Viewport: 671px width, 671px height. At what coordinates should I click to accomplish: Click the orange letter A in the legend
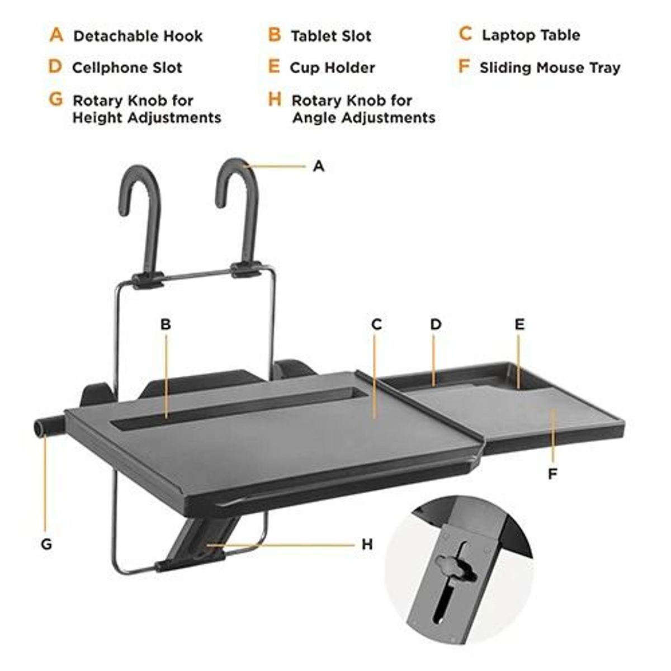[x=56, y=35]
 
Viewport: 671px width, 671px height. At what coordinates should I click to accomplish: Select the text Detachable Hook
[x=138, y=37]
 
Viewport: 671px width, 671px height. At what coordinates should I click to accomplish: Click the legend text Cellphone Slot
[x=127, y=68]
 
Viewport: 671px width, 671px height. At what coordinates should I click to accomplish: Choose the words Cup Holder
[x=332, y=68]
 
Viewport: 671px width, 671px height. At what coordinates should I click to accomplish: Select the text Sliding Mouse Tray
[x=550, y=68]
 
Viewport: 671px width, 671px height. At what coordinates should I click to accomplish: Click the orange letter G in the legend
[x=56, y=100]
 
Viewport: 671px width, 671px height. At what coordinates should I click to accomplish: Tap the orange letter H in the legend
[x=275, y=100]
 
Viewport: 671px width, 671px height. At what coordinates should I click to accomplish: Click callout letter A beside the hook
[x=318, y=166]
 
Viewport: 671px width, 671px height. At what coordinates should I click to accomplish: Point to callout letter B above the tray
[x=166, y=324]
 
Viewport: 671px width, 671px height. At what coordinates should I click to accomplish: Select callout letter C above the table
[x=376, y=324]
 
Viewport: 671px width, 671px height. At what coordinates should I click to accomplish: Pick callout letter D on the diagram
[x=436, y=324]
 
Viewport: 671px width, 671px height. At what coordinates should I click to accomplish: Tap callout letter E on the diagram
[x=519, y=324]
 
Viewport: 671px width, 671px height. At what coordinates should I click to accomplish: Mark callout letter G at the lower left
[x=46, y=544]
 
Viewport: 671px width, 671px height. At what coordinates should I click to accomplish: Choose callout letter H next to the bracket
[x=367, y=544]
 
